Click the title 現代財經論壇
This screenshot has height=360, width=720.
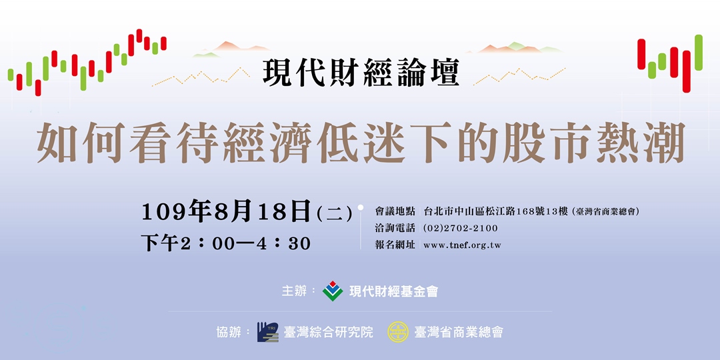361,73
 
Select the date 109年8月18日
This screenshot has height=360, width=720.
227,212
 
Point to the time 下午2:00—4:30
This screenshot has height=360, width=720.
226,243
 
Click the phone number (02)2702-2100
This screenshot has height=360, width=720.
460,228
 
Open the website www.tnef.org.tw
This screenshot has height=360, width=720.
462,245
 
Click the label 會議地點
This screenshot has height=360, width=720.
395,212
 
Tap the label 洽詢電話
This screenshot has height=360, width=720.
395,228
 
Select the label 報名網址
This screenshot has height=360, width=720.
395,245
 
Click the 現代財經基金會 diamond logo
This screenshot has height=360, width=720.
333,291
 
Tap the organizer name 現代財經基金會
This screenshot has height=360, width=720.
393,291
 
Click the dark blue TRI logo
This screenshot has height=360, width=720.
267,331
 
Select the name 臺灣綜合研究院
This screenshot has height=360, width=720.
329,331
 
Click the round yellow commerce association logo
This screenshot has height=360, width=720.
398,331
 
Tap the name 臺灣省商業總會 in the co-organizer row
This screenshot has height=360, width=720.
459,331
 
